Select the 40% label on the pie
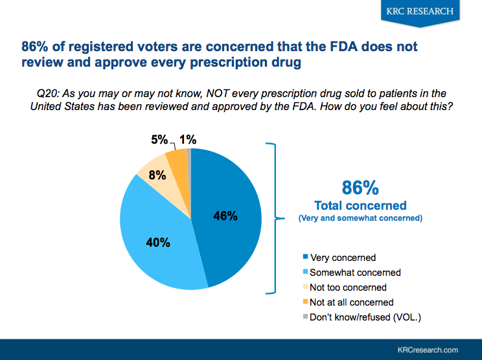pyautogui.click(x=158, y=243)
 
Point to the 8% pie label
pyautogui.click(x=157, y=175)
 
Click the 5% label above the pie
pyautogui.click(x=159, y=139)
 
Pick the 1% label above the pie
pyautogui.click(x=189, y=139)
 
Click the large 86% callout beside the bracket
pyautogui.click(x=360, y=188)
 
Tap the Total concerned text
pyautogui.click(x=360, y=206)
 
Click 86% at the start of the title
pyautogui.click(x=36, y=47)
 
